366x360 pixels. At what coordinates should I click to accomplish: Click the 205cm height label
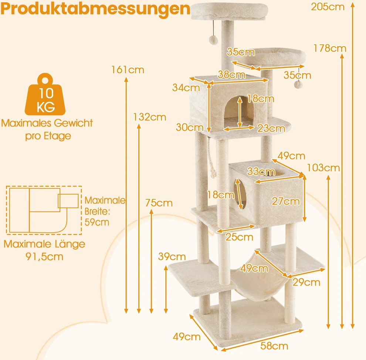pos(328,7)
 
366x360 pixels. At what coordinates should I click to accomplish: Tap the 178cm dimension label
pos(330,48)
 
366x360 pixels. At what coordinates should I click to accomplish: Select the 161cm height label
pos(128,70)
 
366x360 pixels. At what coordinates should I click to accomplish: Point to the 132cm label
pos(150,117)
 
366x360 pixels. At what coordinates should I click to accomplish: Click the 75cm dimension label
pos(159,203)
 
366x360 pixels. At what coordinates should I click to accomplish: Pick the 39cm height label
pos(172,257)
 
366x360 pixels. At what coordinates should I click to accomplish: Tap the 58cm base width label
pos(274,346)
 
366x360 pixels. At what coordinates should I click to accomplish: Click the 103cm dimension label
pos(323,168)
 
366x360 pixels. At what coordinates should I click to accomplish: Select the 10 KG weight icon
pos(45,95)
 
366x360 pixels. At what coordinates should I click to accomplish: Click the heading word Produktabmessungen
pos(95,9)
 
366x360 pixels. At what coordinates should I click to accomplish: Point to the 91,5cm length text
pos(44,257)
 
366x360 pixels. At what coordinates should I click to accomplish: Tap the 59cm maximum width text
pos(97,222)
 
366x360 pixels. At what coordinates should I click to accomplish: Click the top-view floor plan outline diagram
pos(44,210)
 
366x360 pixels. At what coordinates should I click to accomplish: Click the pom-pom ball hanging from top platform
pos(213,40)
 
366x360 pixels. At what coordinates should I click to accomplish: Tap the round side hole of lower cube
pos(242,194)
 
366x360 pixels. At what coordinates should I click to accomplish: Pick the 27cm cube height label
pos(286,202)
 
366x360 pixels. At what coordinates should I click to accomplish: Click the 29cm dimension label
pos(306,282)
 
